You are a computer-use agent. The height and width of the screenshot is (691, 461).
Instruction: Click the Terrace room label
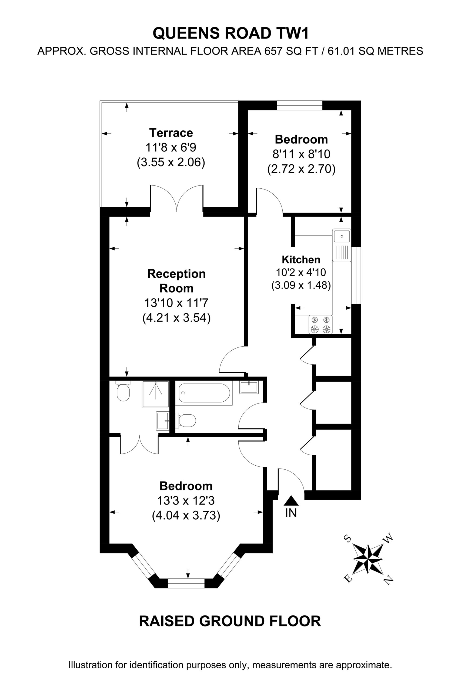click(x=171, y=133)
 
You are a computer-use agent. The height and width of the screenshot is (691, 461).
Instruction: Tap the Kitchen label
click(x=301, y=260)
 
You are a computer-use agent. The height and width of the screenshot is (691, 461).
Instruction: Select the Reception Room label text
click(x=176, y=281)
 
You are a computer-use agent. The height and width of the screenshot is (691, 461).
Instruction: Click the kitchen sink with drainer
click(x=342, y=245)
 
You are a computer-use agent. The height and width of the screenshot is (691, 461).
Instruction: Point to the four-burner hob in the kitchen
click(x=320, y=324)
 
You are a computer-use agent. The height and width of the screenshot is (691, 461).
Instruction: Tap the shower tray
click(x=156, y=394)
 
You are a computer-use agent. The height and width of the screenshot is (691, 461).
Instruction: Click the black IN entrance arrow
click(x=291, y=500)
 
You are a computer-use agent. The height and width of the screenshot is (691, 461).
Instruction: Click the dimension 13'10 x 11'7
click(x=176, y=303)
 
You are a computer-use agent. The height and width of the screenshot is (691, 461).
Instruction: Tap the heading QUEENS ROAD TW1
click(x=231, y=33)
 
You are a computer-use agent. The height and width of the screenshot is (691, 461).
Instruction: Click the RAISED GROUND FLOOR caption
click(x=230, y=621)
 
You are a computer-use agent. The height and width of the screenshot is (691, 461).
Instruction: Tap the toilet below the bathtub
click(x=186, y=421)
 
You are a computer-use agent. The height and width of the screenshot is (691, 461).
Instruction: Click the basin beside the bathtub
click(x=249, y=387)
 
